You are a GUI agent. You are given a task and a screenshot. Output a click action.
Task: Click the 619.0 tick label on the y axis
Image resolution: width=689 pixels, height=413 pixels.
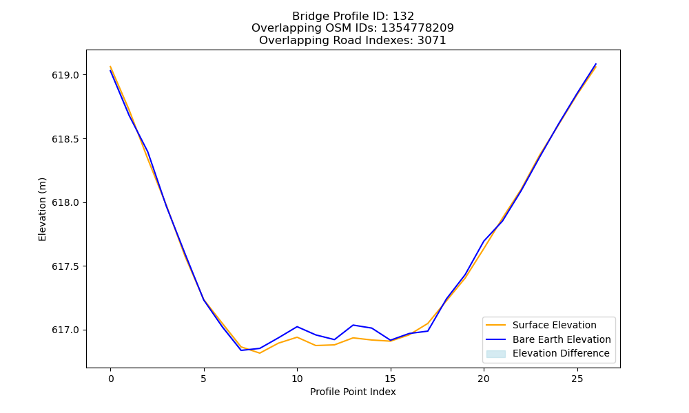(x=65, y=75)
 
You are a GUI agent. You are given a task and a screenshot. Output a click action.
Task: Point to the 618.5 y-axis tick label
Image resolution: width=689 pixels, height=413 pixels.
(x=65, y=139)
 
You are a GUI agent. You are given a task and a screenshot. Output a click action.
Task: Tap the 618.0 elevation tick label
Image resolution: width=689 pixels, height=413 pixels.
(x=65, y=203)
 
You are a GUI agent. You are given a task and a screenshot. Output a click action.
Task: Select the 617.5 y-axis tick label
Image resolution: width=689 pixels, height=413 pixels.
(x=65, y=266)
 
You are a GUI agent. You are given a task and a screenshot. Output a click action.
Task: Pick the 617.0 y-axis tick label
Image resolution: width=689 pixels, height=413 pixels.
(x=65, y=330)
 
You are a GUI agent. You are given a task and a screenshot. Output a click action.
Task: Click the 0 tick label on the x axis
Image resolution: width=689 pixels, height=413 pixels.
(x=111, y=379)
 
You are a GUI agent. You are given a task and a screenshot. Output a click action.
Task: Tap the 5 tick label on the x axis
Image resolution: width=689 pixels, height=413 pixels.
(x=204, y=379)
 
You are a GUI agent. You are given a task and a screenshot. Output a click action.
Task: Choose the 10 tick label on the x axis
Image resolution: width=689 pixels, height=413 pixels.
(x=297, y=379)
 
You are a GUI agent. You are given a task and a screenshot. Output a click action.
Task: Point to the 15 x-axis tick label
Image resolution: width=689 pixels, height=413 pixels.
(x=390, y=379)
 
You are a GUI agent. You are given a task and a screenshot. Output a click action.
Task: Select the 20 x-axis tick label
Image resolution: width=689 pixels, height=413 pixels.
(x=484, y=379)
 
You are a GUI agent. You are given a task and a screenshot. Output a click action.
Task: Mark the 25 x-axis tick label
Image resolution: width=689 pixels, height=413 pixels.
(x=577, y=379)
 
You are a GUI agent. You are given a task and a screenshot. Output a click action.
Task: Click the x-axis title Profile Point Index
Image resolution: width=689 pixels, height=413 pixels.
(x=353, y=392)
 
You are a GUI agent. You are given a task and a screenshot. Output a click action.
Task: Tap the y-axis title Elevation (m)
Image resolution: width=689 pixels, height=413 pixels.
(x=42, y=209)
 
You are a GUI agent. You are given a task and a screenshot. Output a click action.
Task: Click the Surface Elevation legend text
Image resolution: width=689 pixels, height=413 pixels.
(x=555, y=325)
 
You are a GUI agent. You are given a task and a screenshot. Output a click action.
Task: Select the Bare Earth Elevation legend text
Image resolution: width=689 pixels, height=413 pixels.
(x=562, y=339)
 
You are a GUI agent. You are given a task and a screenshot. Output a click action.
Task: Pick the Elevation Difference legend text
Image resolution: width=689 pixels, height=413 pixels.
(x=561, y=353)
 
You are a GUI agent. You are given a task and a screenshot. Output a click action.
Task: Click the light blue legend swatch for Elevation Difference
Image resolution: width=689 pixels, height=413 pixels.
(x=496, y=354)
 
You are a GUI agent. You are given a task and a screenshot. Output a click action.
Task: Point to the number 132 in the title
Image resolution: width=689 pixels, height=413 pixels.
(x=403, y=17)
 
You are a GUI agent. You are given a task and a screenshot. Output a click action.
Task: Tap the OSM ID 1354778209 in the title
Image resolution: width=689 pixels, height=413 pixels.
(x=418, y=28)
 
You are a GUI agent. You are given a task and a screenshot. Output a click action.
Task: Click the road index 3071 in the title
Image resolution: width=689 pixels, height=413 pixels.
(x=432, y=41)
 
